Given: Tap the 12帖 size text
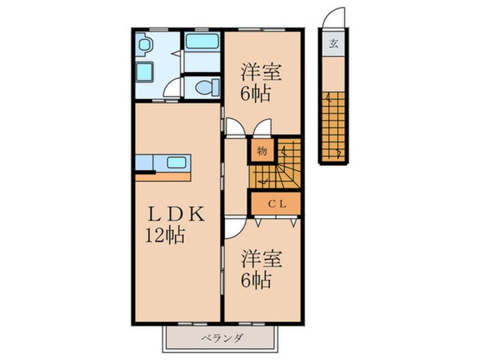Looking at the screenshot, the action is point(165,236).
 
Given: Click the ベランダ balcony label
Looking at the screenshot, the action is point(222,338).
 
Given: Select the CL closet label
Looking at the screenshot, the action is point(277,204).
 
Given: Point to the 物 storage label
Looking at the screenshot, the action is point(262,151).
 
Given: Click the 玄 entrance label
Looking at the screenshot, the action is point(334,44).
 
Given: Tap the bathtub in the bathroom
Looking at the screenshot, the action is point(202,41).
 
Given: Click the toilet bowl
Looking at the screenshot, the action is point(207,87).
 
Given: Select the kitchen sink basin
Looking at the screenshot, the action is point(176,162).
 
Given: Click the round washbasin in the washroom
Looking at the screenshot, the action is point(144,45).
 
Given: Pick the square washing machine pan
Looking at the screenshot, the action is point(144,72).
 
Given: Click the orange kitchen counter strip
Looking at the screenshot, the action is point(163,177).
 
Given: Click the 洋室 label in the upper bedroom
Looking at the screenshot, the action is point(261,72).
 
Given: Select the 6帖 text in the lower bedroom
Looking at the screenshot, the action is point(256,281).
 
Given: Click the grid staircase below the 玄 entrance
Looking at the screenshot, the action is point(333,126).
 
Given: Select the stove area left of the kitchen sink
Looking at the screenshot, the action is point(144,162).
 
